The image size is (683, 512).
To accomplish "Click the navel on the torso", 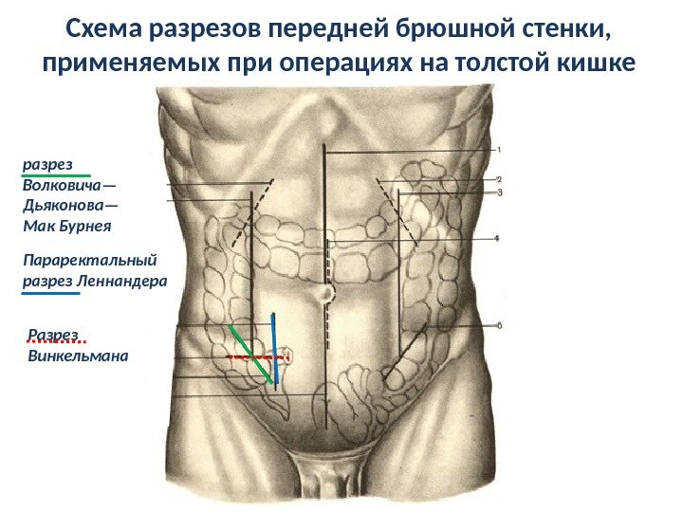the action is click(325, 292).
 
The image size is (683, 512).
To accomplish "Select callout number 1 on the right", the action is click(500, 149).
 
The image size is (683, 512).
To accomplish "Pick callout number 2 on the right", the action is click(499, 178).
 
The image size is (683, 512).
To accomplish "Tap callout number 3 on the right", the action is click(499, 192).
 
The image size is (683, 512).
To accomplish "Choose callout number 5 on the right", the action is click(499, 325).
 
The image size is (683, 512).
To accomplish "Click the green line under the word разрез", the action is click(56, 175).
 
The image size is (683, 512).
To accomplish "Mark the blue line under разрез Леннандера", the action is click(50, 294).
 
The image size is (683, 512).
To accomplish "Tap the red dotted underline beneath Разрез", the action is click(57, 342).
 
